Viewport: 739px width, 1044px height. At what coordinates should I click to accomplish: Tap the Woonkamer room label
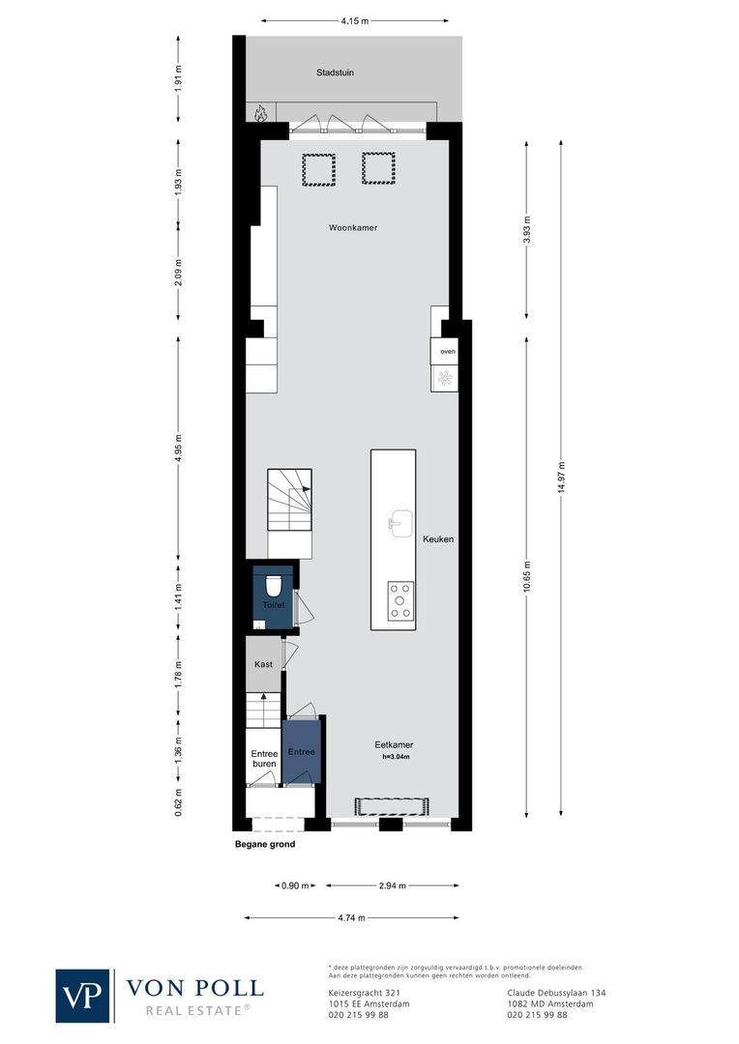(352, 228)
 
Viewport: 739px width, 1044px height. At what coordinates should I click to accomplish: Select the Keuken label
(437, 539)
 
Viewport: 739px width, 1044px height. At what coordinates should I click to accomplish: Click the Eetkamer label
(394, 745)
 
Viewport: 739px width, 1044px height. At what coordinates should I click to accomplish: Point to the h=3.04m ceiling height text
(395, 757)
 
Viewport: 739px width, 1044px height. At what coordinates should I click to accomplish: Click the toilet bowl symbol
(273, 585)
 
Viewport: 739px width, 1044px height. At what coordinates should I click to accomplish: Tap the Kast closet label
(263, 664)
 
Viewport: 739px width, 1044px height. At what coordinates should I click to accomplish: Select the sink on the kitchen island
(400, 523)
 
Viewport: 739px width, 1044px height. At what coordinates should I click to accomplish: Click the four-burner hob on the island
(400, 600)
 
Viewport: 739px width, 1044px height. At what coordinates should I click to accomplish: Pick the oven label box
(447, 351)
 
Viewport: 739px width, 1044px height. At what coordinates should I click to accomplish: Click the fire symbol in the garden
(259, 114)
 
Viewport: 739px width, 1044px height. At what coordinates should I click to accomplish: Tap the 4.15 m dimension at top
(354, 19)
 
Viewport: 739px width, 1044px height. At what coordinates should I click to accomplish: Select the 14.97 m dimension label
(562, 478)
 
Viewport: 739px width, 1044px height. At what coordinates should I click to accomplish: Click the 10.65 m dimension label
(527, 577)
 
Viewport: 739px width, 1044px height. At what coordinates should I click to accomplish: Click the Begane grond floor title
(265, 844)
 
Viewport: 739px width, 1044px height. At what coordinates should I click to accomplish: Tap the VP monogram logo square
(83, 995)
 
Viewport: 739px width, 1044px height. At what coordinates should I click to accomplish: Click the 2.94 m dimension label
(391, 885)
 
